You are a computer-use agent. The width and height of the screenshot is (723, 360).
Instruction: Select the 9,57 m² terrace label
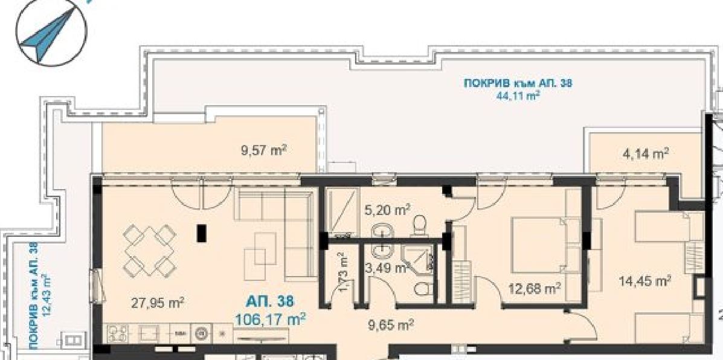click(264, 150)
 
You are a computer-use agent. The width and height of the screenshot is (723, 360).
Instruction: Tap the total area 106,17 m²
click(270, 318)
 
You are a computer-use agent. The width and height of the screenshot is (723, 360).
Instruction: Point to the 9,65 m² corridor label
click(390, 326)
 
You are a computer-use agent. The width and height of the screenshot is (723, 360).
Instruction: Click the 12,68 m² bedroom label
click(535, 289)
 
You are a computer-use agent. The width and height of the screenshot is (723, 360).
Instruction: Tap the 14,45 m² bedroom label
click(644, 280)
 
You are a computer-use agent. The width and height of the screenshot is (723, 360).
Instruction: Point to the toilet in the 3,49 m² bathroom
click(423, 289)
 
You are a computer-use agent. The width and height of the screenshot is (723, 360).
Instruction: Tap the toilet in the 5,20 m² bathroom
click(420, 225)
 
